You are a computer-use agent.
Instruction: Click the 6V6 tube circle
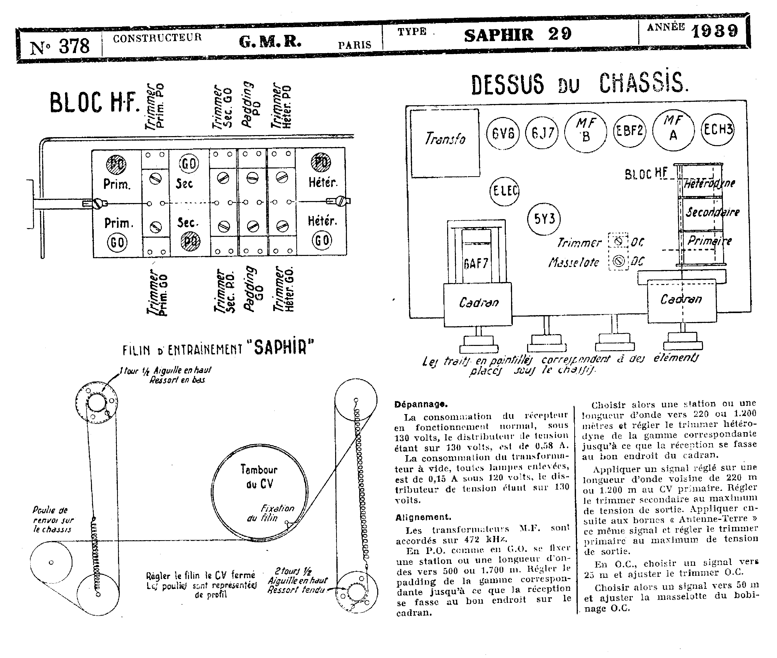[x=503, y=133]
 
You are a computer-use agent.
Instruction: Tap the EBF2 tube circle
[x=629, y=131]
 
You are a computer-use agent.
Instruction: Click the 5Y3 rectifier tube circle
[x=544, y=219]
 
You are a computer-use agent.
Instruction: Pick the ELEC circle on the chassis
[x=504, y=191]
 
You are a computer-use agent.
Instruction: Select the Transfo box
[x=445, y=143]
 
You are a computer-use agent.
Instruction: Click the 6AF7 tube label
[x=476, y=264]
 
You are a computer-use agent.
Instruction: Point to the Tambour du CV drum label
[x=259, y=476]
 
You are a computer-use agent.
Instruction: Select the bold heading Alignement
[x=423, y=517]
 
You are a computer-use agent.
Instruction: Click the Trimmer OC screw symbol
[x=618, y=241]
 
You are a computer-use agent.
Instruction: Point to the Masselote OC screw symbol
[x=618, y=261]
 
